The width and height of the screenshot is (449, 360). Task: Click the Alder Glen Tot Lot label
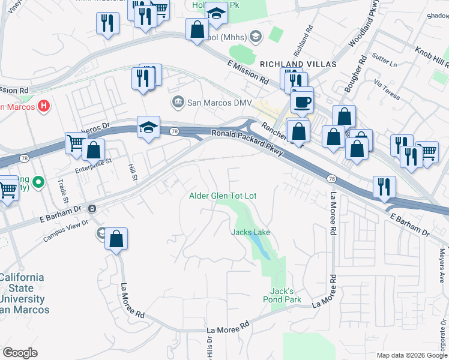223,196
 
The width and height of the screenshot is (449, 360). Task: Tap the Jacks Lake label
251,232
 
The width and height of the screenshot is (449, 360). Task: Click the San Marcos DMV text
219,103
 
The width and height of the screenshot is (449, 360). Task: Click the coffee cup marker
302,100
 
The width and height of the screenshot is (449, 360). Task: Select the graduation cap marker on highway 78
148,128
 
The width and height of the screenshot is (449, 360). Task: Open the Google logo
20,353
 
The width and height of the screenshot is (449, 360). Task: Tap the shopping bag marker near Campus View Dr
116,239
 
